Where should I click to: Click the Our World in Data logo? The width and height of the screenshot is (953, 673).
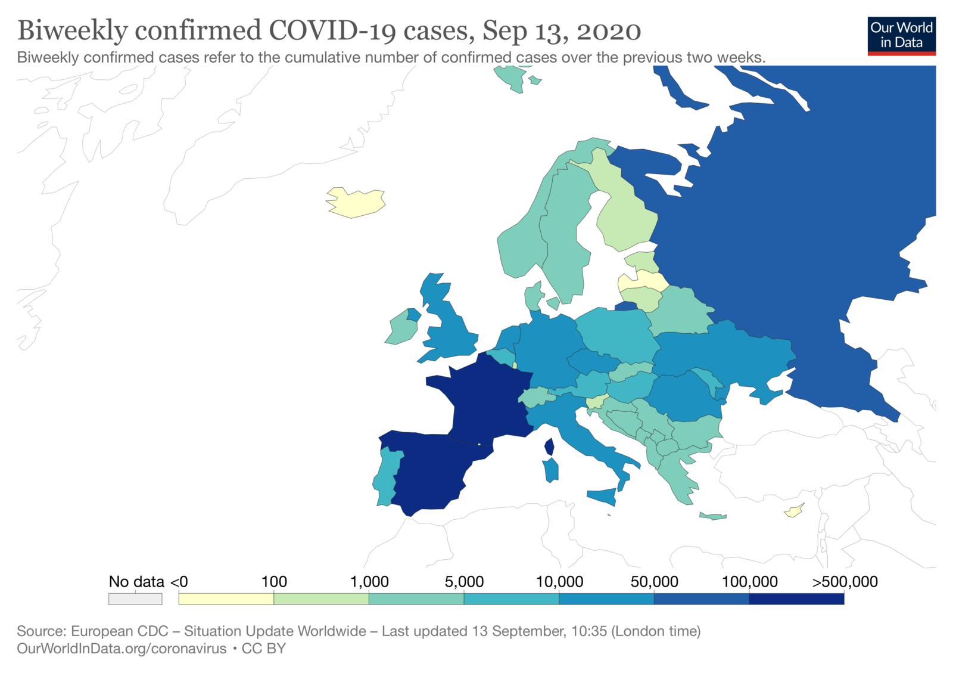point(901,36)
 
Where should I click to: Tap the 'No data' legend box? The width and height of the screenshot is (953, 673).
point(135,598)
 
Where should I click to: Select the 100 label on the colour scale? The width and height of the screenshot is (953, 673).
point(274,582)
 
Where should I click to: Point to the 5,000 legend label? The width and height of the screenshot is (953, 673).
point(464,582)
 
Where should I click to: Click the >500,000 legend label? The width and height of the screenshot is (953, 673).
point(845,582)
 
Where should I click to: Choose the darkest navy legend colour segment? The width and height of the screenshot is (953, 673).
point(796,598)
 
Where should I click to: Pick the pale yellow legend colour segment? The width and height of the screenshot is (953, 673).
point(226,598)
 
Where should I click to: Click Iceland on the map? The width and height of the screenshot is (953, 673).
point(356,203)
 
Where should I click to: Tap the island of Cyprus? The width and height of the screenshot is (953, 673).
point(793,511)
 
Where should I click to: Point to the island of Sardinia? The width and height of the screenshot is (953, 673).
point(551,470)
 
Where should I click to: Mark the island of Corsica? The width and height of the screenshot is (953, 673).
point(549,446)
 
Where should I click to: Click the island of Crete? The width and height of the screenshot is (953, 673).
point(713,516)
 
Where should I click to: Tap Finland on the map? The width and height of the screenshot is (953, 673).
point(625,215)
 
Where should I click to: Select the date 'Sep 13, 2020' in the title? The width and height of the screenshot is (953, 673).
point(562,31)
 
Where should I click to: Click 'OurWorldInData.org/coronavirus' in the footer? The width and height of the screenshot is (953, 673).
point(122,649)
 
